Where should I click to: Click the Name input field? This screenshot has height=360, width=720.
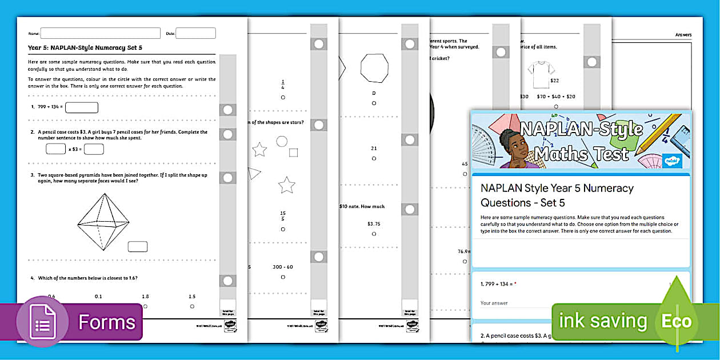click(100, 33)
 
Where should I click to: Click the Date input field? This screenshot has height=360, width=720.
click(195, 33)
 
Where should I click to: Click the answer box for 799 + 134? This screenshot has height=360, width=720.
click(82, 107)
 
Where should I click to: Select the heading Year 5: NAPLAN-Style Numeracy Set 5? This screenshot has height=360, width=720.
click(85, 49)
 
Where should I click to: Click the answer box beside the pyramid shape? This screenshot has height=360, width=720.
click(138, 247)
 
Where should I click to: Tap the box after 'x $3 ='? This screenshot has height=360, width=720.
click(94, 149)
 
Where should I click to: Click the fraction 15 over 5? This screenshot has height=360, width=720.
click(283, 216)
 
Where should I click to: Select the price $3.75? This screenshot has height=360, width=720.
click(374, 224)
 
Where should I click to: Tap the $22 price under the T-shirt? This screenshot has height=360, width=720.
click(554, 81)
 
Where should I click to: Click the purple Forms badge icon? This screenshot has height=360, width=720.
click(43, 322)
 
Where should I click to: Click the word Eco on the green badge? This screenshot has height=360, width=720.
click(677, 321)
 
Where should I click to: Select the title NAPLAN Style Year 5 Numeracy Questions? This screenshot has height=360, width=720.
click(557, 195)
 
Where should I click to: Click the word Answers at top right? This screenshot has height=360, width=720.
click(683, 35)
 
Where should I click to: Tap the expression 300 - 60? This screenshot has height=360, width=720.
click(282, 267)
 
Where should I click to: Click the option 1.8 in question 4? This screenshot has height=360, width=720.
click(145, 297)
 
